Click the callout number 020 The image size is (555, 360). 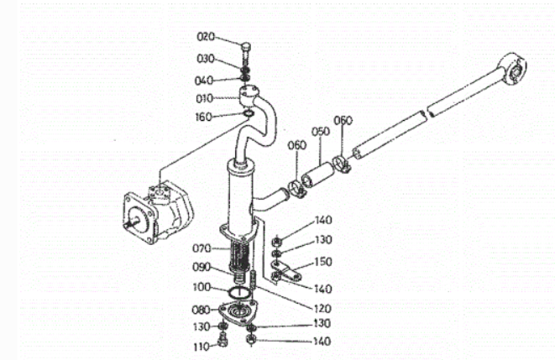point(206,36)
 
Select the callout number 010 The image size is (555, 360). point(205,98)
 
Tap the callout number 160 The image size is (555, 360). point(203,117)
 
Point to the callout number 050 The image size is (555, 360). point(321,132)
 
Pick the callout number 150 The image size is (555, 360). point(323,262)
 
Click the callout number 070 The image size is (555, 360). point(202,248)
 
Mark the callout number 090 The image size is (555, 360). point(202,267)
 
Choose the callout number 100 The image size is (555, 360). point(202,287)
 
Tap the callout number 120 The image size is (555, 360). point(322,308)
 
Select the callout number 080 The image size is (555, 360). point(201,310)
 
